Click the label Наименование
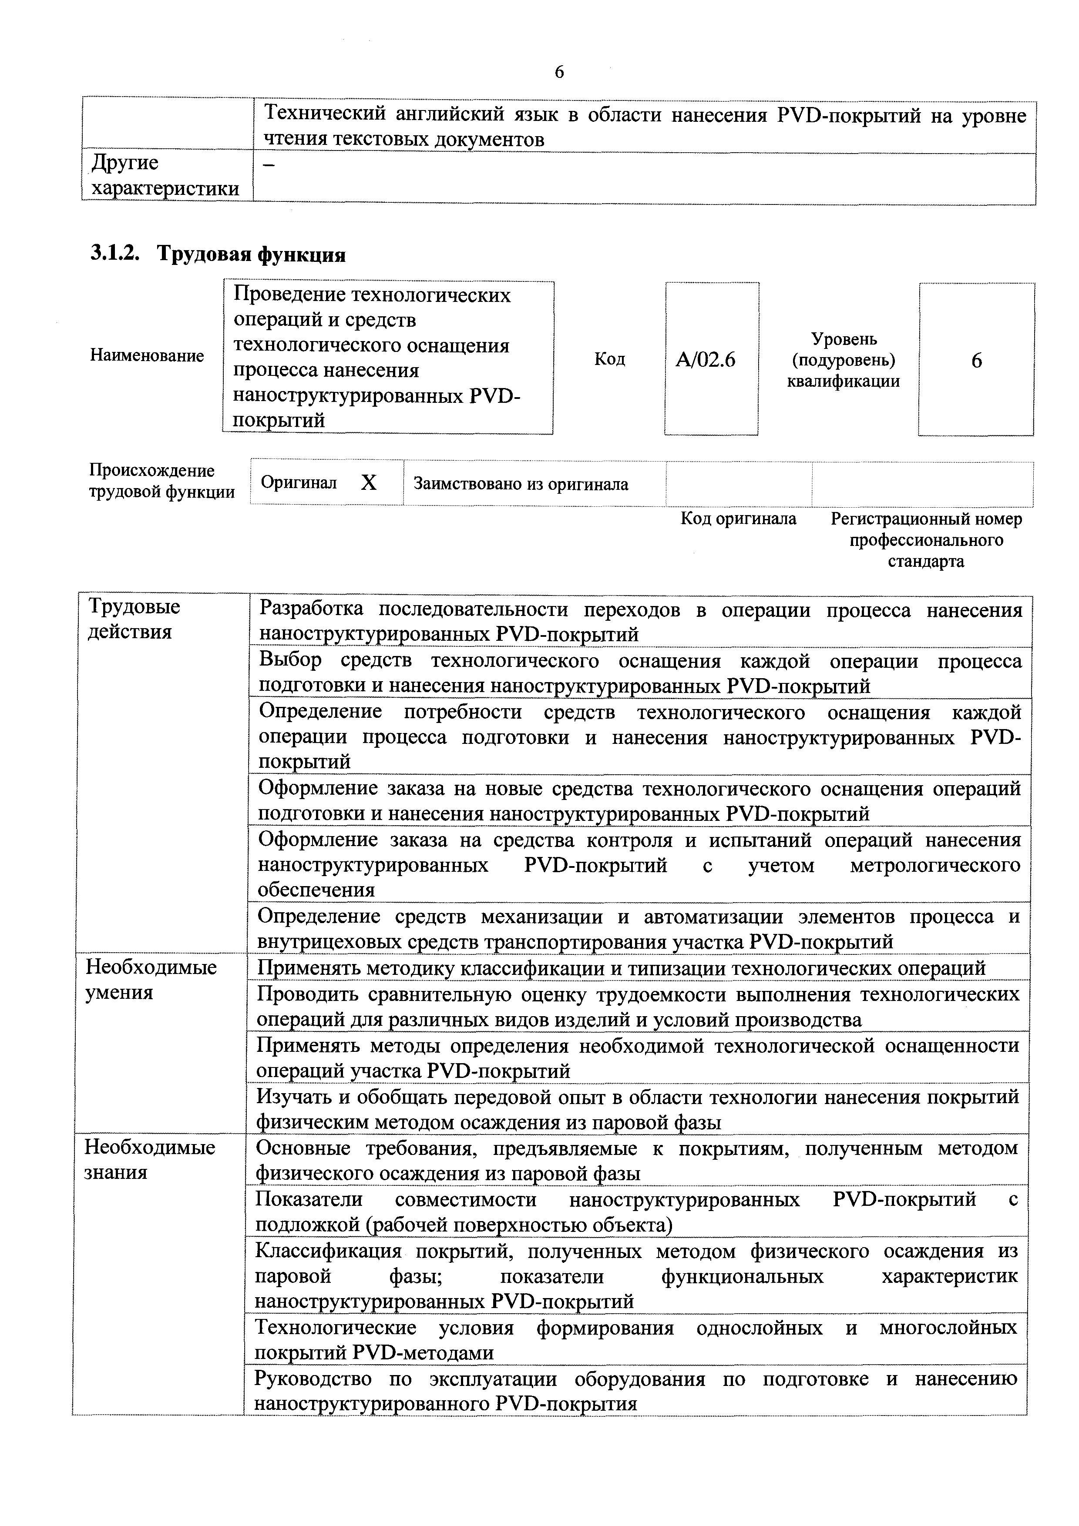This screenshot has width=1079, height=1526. [x=147, y=355]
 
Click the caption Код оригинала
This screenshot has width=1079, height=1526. [x=738, y=519]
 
